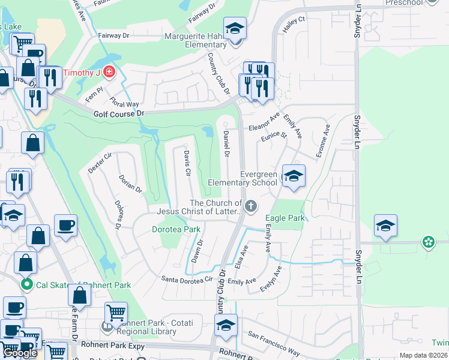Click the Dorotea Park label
pyautogui.click(x=175, y=229)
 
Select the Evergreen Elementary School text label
pyautogui.click(x=243, y=178)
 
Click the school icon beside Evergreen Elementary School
pyautogui.click(x=294, y=176)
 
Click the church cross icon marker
pyautogui.click(x=251, y=207)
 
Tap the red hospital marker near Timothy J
pyautogui.click(x=109, y=73)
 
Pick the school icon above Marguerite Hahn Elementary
pyautogui.click(x=235, y=28)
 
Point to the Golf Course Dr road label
pyautogui.click(x=119, y=113)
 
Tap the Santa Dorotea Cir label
pyautogui.click(x=187, y=279)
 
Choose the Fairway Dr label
pyautogui.click(x=114, y=36)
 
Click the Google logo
pyautogui.click(x=20, y=353)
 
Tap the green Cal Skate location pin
pyautogui.click(x=26, y=284)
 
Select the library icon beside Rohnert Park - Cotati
pyautogui.click(x=107, y=327)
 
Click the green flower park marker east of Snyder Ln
pyautogui.click(x=428, y=242)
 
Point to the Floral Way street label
pyautogui.click(x=124, y=96)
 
